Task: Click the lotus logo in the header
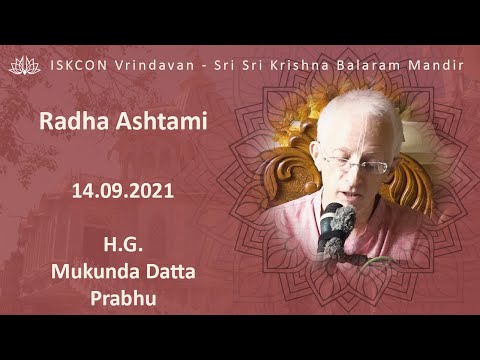point(22,65)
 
